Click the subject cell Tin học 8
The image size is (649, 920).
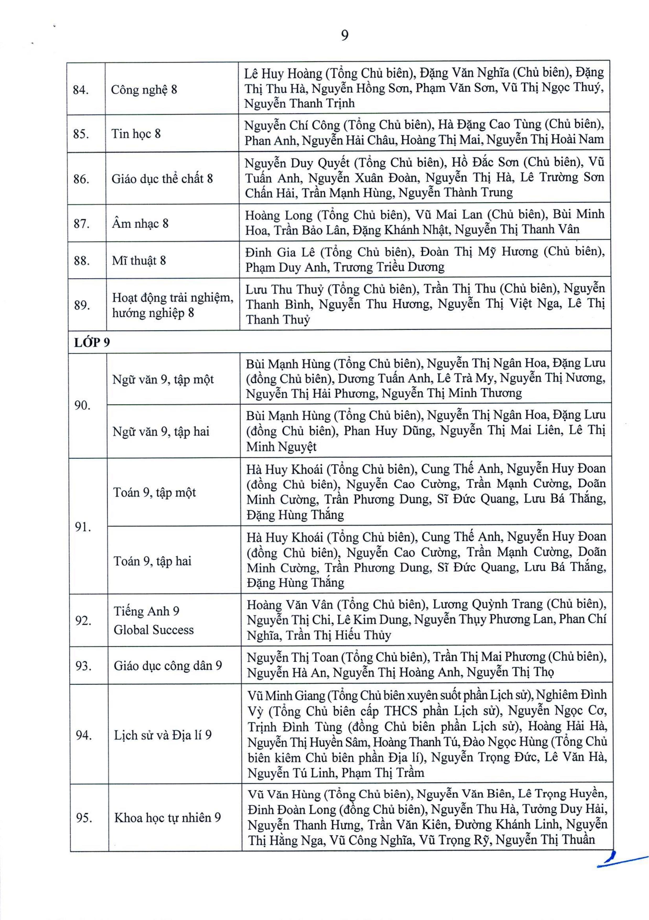136,133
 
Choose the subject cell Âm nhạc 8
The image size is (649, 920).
140,223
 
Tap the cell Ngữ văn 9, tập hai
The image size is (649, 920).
161,432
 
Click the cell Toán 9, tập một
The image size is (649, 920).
154,492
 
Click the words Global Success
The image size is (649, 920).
153,630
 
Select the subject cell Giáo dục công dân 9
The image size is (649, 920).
168,666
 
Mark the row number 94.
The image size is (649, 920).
83,735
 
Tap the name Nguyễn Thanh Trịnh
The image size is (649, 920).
299,103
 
